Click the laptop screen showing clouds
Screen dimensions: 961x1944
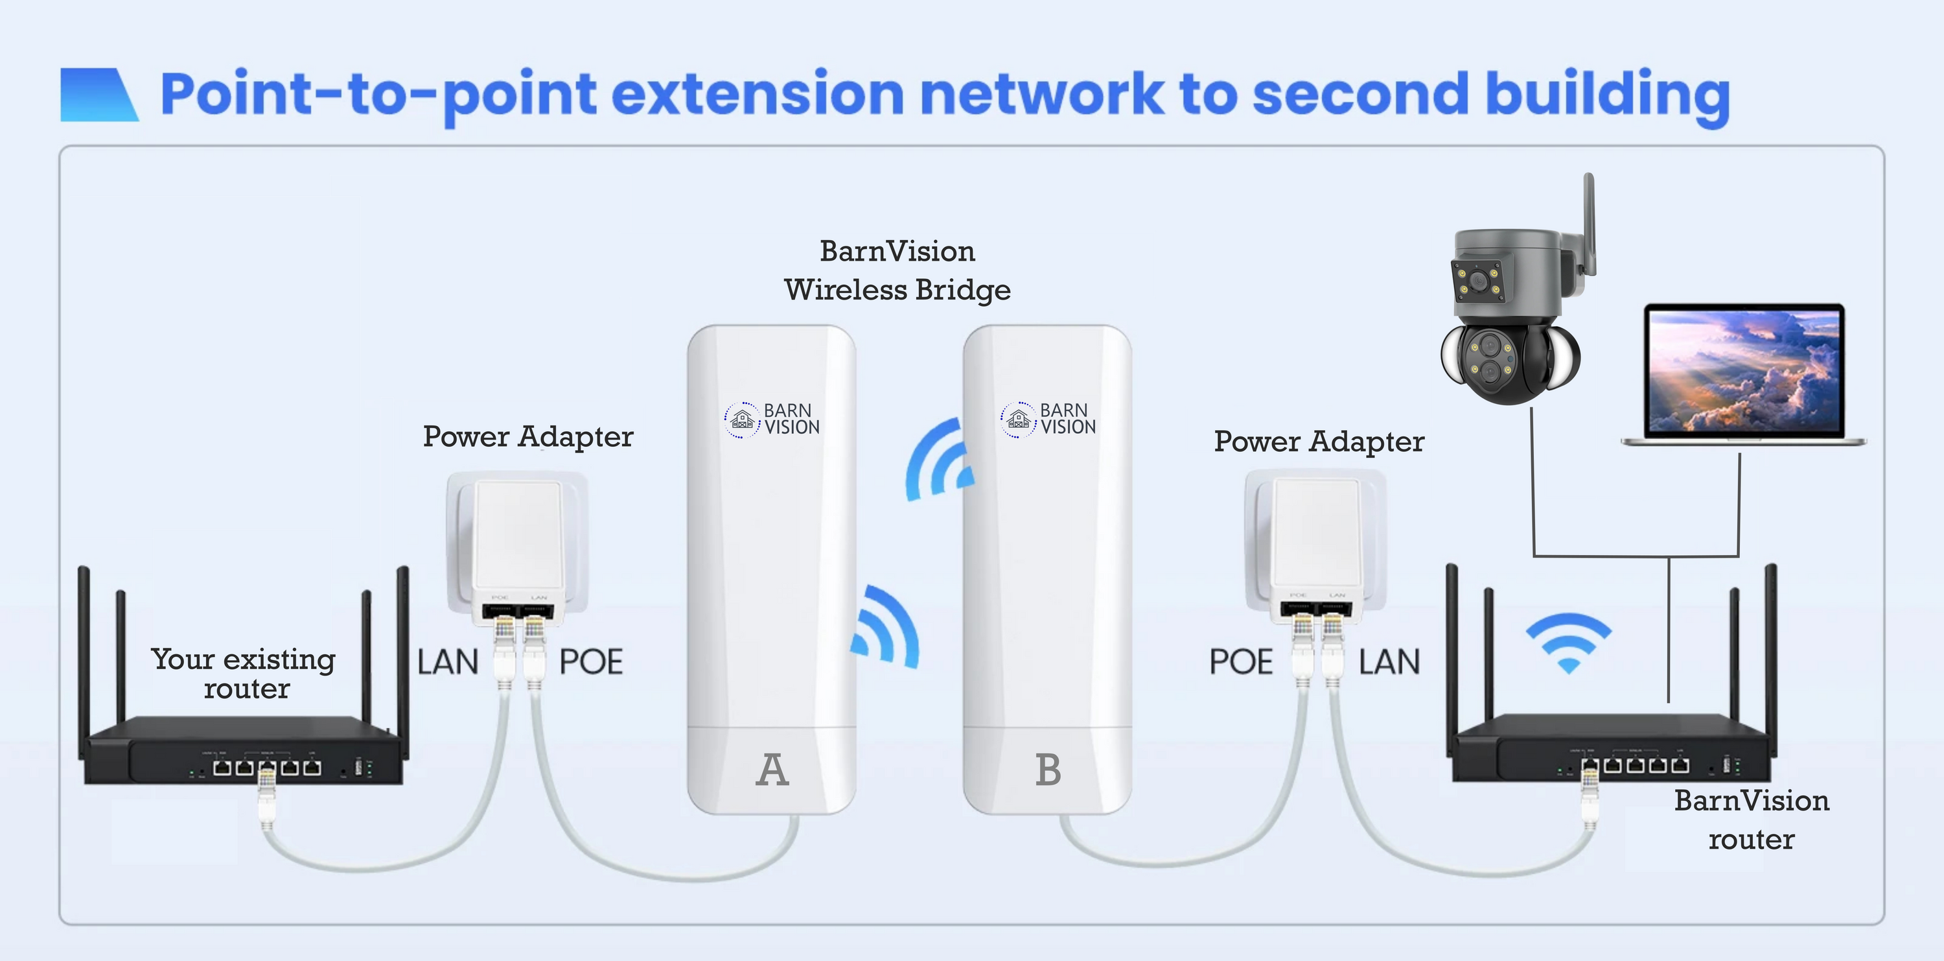click(1744, 371)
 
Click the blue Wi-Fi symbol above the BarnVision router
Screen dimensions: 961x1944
click(1568, 642)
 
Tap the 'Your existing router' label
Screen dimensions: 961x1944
click(244, 673)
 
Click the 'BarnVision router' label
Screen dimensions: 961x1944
click(1752, 820)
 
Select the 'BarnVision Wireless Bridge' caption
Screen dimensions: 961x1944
click(897, 270)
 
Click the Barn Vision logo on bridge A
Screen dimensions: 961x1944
click(772, 420)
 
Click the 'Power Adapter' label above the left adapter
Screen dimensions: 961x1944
click(528, 437)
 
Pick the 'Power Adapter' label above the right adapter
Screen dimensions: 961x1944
click(1319, 442)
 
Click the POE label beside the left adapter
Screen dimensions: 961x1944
click(591, 662)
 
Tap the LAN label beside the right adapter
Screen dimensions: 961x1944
click(1389, 662)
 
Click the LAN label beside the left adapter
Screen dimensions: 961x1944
click(448, 662)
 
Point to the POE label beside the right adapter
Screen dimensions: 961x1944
click(1241, 662)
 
